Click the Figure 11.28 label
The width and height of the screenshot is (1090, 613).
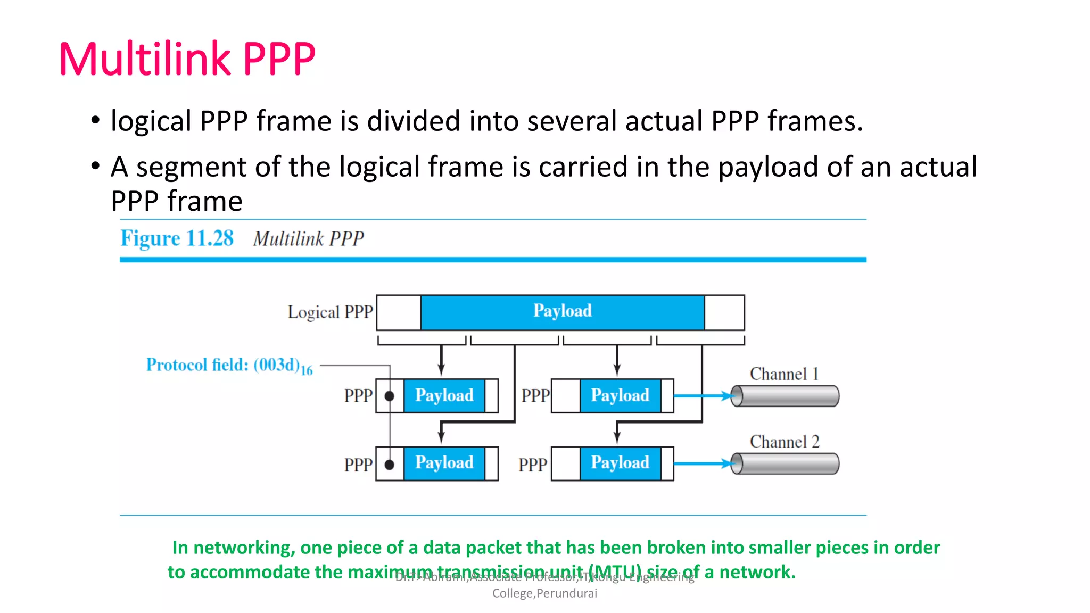(x=177, y=238)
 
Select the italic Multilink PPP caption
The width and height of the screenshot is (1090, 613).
(x=308, y=239)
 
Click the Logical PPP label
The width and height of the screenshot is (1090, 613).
(x=330, y=312)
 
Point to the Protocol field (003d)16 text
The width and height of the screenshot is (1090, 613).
(x=229, y=366)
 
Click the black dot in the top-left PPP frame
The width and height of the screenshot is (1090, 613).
(x=390, y=396)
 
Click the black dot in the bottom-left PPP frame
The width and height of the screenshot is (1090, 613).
(x=390, y=465)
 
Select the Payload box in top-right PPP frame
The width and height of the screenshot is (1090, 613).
(x=620, y=396)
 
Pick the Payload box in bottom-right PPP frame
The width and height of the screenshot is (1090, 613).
(x=620, y=463)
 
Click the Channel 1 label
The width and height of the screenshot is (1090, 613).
(x=783, y=374)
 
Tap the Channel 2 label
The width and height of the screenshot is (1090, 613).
(x=785, y=442)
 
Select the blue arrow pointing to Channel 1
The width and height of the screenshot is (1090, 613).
(x=703, y=396)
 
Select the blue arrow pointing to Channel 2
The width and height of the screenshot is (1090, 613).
(x=703, y=464)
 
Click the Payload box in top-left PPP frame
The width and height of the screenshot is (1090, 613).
(x=444, y=396)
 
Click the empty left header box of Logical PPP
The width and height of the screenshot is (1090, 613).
(x=399, y=312)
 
